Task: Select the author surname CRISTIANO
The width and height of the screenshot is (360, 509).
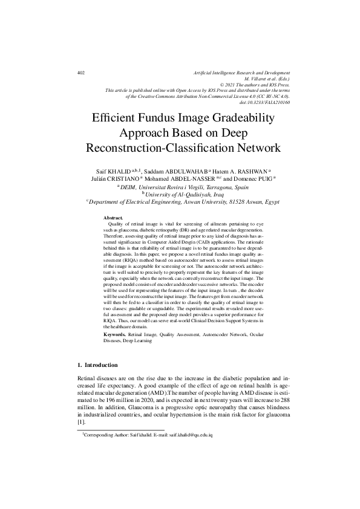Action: [123, 178]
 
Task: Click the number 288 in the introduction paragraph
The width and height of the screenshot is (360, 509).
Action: [283, 400]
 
